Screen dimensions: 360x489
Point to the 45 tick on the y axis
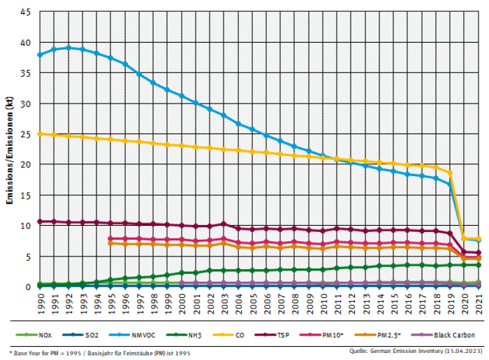(x=25, y=12)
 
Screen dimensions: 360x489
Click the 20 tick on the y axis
(x=25, y=165)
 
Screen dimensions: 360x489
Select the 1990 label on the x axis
(x=41, y=303)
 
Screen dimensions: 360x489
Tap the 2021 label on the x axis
(x=479, y=303)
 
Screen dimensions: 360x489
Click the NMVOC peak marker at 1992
(x=68, y=48)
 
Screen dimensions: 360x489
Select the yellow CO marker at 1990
(x=40, y=134)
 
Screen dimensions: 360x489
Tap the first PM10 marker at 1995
(x=110, y=238)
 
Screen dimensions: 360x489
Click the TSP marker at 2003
(x=224, y=224)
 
